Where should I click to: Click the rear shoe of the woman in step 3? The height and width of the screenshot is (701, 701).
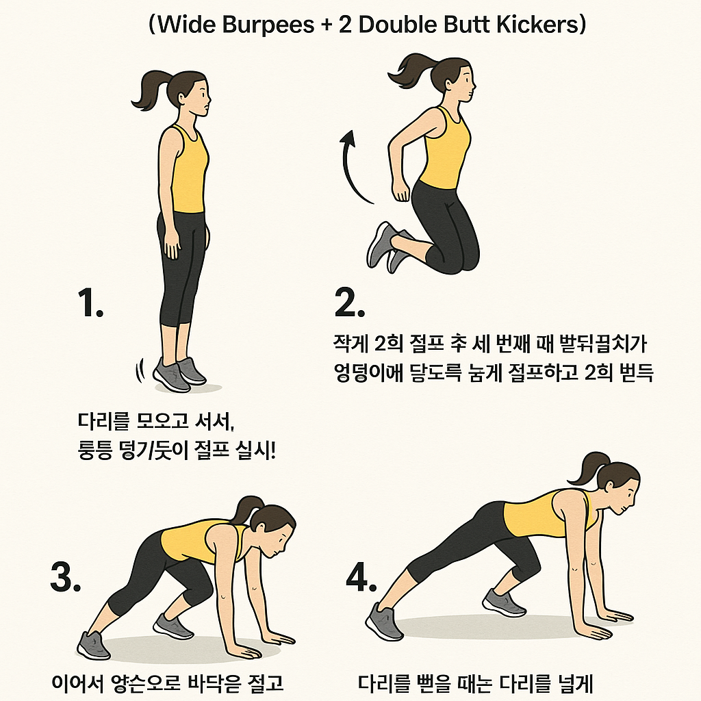click(x=93, y=644)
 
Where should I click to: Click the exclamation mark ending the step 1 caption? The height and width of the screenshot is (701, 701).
click(x=273, y=452)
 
